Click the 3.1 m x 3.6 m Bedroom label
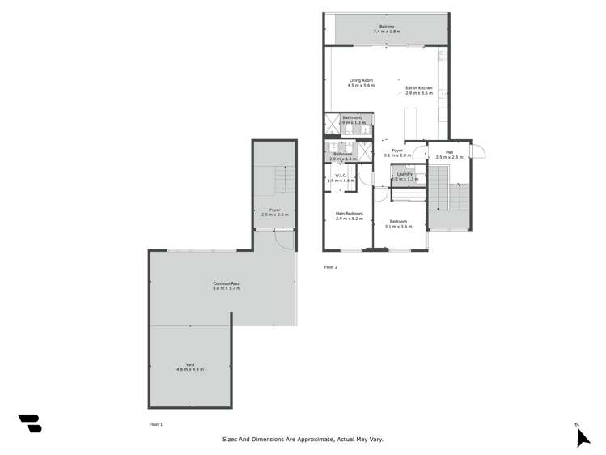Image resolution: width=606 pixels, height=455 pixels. (399, 223)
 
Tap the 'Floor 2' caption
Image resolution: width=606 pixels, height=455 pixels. (330, 266)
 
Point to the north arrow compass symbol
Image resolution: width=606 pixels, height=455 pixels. (581, 437)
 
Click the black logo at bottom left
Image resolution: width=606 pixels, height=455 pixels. (30, 423)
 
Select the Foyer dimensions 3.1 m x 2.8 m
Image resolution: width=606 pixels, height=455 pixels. (396, 155)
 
